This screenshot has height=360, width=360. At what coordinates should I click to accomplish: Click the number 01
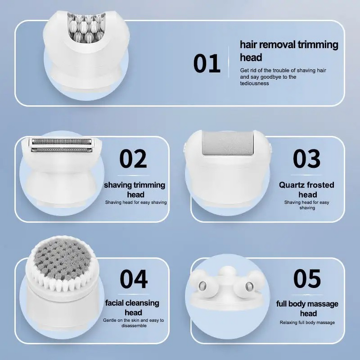click(207, 63)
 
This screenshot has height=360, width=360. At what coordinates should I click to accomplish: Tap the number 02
click(133, 159)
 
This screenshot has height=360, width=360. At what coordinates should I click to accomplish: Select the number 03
click(307, 159)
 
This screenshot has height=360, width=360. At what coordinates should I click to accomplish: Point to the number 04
click(133, 279)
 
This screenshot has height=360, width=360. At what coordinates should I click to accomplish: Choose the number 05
click(307, 279)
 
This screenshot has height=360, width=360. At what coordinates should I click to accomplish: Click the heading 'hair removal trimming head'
click(288, 51)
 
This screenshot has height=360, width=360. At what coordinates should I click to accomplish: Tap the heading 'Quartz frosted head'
click(307, 189)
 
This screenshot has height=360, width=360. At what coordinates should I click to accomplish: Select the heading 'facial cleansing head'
click(132, 307)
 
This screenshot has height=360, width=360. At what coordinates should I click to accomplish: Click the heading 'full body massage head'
click(307, 308)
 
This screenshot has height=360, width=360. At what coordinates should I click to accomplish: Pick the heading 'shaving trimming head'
click(135, 189)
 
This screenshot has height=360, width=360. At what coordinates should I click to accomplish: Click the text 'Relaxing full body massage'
click(307, 322)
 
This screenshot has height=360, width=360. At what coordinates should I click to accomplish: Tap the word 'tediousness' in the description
click(254, 83)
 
